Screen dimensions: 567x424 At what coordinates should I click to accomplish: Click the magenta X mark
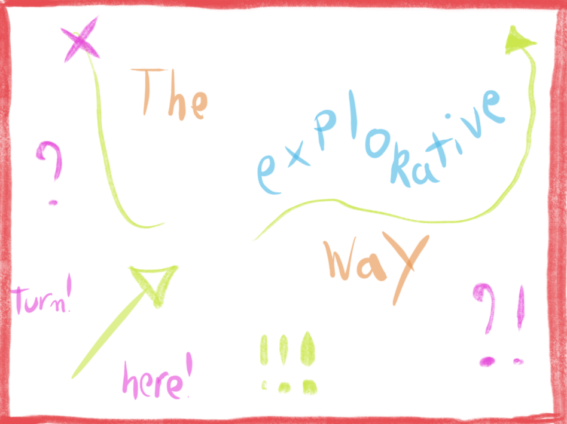click(80, 39)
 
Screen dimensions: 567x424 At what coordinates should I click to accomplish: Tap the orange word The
click(169, 94)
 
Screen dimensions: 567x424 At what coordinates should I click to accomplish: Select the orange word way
click(376, 268)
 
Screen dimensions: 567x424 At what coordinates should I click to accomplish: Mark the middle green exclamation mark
click(284, 363)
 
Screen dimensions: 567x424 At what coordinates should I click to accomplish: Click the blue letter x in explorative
click(298, 156)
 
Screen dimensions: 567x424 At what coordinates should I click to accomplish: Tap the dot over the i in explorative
click(447, 116)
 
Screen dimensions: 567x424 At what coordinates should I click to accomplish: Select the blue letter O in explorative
click(377, 143)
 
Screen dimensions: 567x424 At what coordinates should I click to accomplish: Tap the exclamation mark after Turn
click(69, 292)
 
